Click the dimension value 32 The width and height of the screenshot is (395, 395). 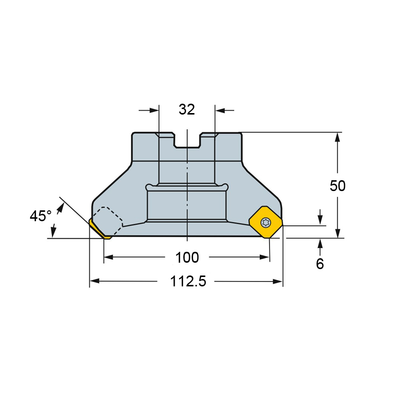[x=187, y=110]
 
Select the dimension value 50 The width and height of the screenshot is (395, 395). [x=338, y=186]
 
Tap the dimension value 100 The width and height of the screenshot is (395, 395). [x=187, y=257]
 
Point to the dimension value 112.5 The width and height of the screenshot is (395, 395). [x=188, y=281]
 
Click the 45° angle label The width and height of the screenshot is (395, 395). [x=40, y=216]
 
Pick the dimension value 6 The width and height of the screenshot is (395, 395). [x=319, y=264]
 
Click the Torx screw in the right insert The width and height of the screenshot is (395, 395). [x=266, y=223]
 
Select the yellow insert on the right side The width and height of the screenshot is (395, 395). [x=266, y=222]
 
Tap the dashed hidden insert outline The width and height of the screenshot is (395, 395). [x=108, y=221]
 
